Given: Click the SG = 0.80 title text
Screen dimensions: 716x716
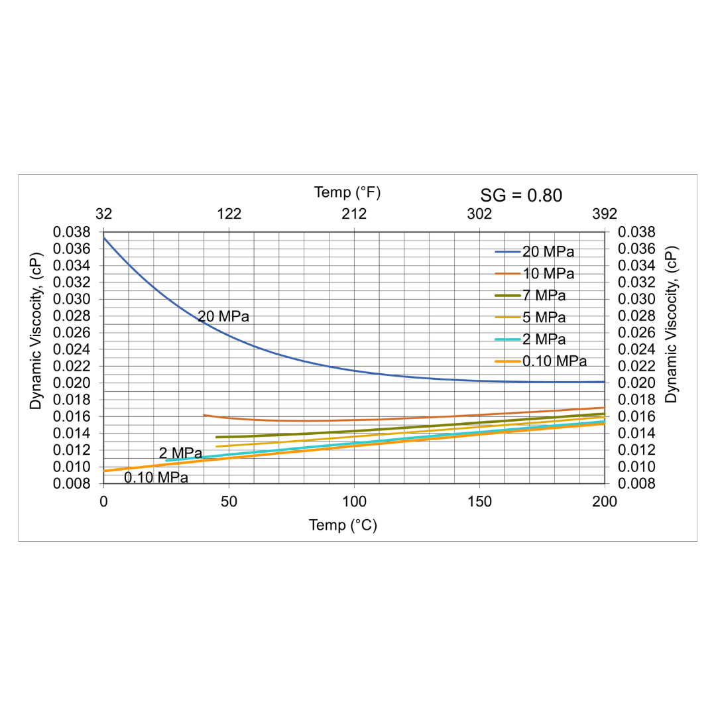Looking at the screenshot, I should coord(520,196).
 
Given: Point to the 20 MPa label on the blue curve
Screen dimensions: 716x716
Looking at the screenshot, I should coord(223,317).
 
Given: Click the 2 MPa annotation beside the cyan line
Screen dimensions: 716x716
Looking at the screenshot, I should coord(180,453).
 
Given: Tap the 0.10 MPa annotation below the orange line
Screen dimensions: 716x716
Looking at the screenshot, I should coord(156,477).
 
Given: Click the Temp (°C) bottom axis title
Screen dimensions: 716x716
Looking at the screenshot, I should coord(343,525).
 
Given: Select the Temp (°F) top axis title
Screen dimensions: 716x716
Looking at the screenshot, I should coord(347,193).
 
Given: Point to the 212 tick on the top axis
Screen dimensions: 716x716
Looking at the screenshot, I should coord(354,214).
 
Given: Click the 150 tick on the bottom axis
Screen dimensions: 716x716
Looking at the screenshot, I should coord(479,501).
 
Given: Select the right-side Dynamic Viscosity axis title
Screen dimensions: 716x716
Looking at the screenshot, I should coord(671,325).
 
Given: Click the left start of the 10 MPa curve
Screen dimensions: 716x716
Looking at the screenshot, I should coord(204,415).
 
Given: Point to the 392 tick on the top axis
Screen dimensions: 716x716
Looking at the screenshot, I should coord(605,214).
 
